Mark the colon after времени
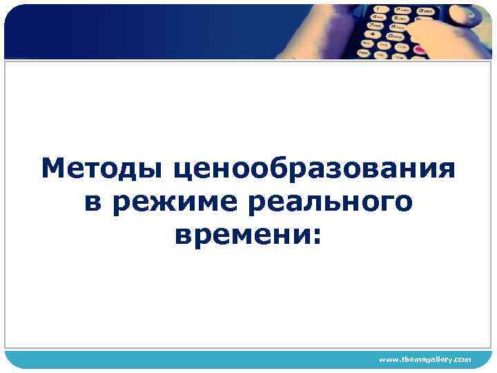click(x=317, y=236)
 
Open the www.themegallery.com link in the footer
click(x=425, y=359)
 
